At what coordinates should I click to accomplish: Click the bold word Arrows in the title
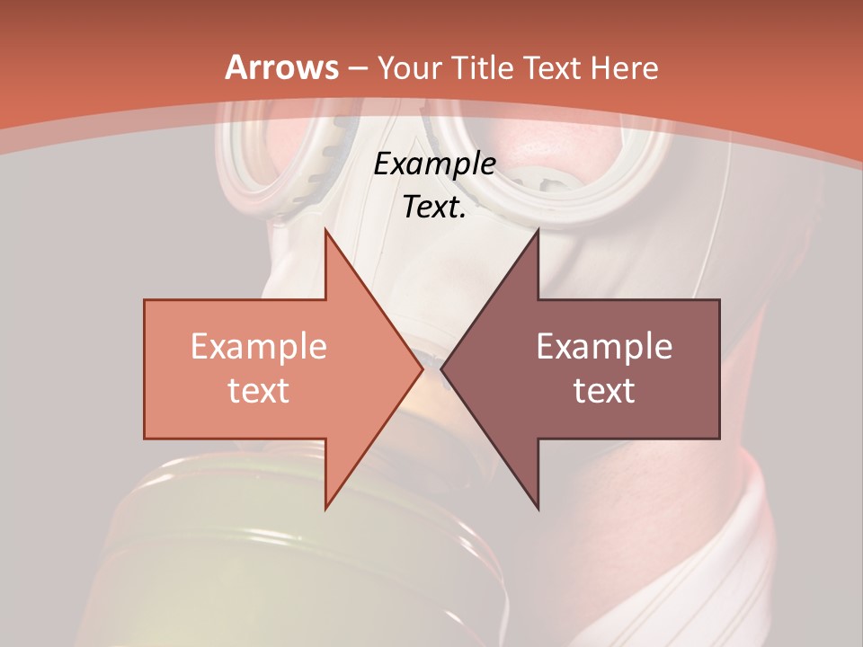point(281,67)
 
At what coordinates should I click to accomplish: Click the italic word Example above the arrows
point(434,164)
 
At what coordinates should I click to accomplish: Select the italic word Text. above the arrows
point(434,208)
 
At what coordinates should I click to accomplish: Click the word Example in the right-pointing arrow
point(259,347)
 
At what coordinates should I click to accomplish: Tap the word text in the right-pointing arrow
point(259,390)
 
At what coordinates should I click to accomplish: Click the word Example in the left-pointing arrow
point(604,347)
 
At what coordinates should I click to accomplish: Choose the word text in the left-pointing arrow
point(604,390)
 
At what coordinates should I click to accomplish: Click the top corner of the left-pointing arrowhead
point(538,230)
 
